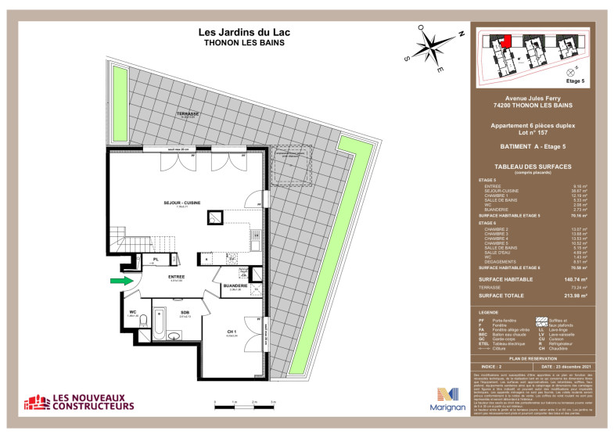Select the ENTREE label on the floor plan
coord(177,276)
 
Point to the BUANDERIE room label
coord(236,285)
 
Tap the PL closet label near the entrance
coord(156,258)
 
